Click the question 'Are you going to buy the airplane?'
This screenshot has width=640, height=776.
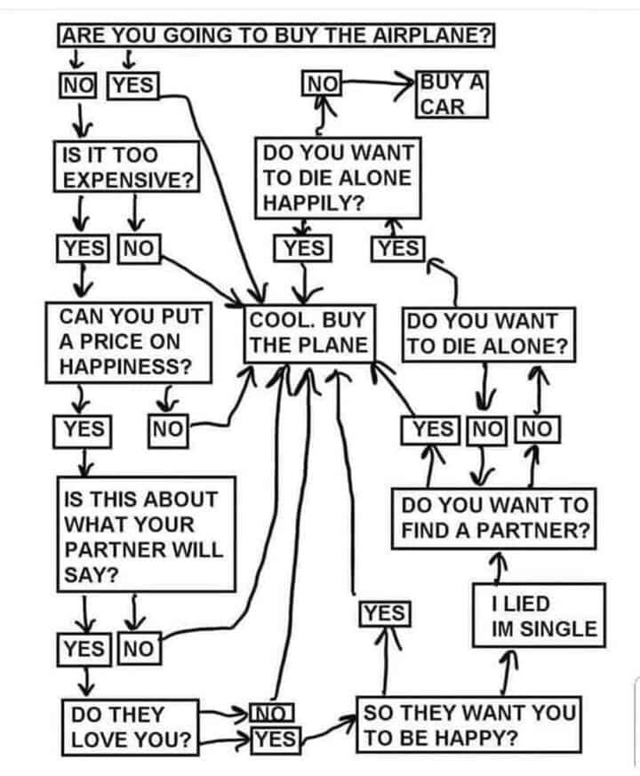coord(276,36)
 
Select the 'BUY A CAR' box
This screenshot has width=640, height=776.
coord(452,96)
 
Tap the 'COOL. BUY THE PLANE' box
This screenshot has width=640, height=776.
coord(309,332)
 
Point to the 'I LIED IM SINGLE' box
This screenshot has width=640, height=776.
coord(537,615)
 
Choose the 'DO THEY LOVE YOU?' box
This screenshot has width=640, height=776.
coord(131,726)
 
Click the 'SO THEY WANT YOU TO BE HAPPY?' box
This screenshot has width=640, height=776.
coord(469,725)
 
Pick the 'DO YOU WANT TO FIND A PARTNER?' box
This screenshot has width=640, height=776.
coord(494,518)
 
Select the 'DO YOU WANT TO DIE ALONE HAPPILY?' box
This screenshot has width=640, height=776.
coord(336,177)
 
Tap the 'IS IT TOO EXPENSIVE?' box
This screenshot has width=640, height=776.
coord(128,165)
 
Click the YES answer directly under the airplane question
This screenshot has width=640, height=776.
coord(132,84)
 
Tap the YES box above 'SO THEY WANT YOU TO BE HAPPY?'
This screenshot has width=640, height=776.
coord(384,612)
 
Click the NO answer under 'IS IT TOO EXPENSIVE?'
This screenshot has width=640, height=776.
coord(138,248)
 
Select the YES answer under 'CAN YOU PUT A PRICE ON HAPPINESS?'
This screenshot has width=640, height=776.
coord(83,429)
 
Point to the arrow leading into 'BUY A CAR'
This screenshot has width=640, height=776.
coord(382,84)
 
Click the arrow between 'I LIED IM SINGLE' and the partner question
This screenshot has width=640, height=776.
coord(500,564)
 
